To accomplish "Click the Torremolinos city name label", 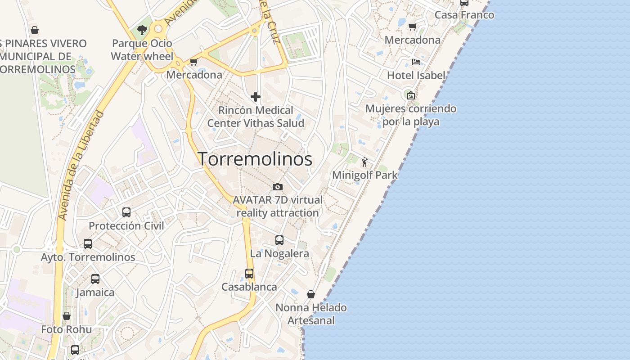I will [255, 159].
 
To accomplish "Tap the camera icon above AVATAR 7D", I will [278, 187].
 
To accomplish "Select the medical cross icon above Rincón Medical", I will [256, 97].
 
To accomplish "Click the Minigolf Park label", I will [364, 175].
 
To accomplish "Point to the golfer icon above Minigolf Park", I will [364, 162].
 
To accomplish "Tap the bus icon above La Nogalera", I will [279, 240].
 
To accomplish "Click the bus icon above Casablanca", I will [249, 273].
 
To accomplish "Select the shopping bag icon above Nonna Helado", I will [311, 294].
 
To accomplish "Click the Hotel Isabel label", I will [416, 75].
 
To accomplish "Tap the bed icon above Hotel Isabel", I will [416, 62].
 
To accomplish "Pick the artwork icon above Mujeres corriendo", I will [410, 95].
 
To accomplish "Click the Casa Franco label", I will [464, 15].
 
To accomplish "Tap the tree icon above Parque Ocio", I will [142, 30].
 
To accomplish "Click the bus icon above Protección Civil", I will [126, 212].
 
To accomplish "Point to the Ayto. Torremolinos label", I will [88, 257].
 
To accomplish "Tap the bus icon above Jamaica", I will [95, 279].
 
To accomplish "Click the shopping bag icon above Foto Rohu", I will [67, 316].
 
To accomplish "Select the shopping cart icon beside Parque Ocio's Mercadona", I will [193, 62].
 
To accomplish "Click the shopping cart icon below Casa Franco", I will [412, 27].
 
